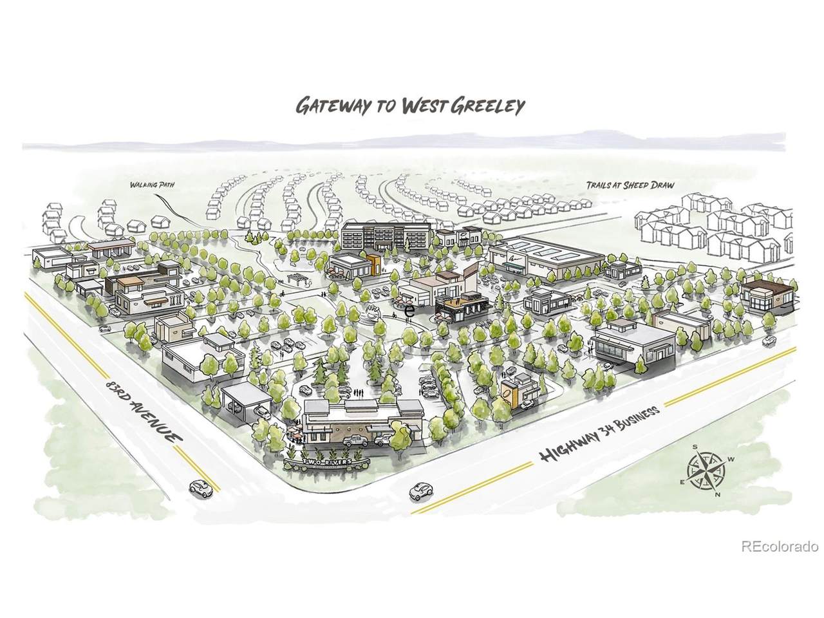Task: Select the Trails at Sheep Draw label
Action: [x=630, y=185]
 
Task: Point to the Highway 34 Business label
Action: [x=600, y=435]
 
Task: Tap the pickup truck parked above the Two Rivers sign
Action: [x=357, y=440]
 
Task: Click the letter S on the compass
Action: [x=695, y=447]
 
